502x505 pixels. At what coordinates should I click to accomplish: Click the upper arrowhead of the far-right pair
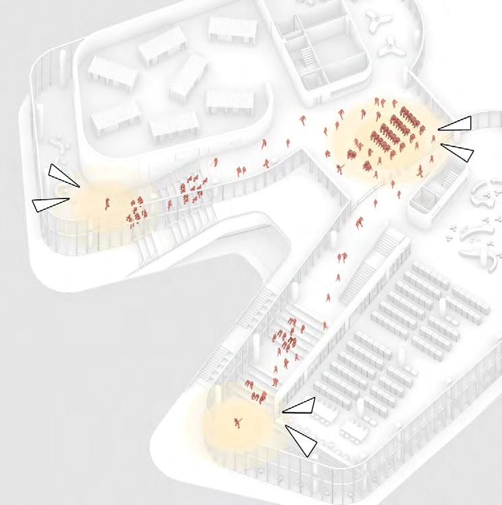pyautogui.click(x=455, y=124)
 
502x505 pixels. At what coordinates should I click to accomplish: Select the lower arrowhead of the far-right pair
pyautogui.click(x=458, y=151)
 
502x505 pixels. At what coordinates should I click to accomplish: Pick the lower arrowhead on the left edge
pyautogui.click(x=50, y=204)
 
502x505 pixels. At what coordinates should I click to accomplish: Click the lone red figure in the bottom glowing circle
pyautogui.click(x=238, y=422)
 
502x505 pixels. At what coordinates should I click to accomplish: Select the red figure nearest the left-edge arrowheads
pyautogui.click(x=107, y=202)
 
